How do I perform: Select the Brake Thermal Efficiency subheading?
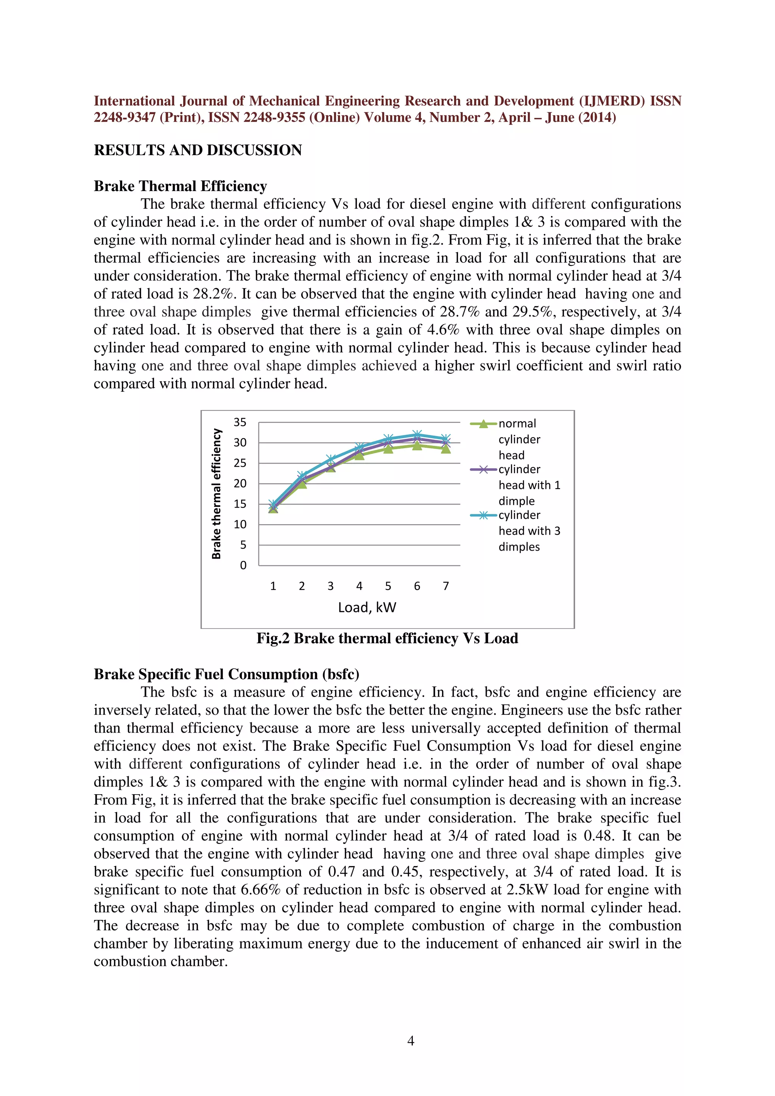(x=180, y=186)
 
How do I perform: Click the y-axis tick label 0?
(x=243, y=565)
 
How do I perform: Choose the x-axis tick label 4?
(x=359, y=586)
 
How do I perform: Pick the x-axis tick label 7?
(x=445, y=586)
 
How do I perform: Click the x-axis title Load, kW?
(x=367, y=607)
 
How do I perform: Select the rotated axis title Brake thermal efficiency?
(x=216, y=494)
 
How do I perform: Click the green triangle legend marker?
(x=483, y=424)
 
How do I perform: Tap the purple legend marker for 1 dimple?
(x=483, y=470)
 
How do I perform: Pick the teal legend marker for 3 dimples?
(x=483, y=515)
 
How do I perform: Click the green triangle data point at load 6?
(x=417, y=446)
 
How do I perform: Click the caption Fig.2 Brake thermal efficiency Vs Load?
(x=387, y=638)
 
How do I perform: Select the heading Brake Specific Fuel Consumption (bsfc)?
(x=226, y=674)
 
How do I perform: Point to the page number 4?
(x=411, y=1041)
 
